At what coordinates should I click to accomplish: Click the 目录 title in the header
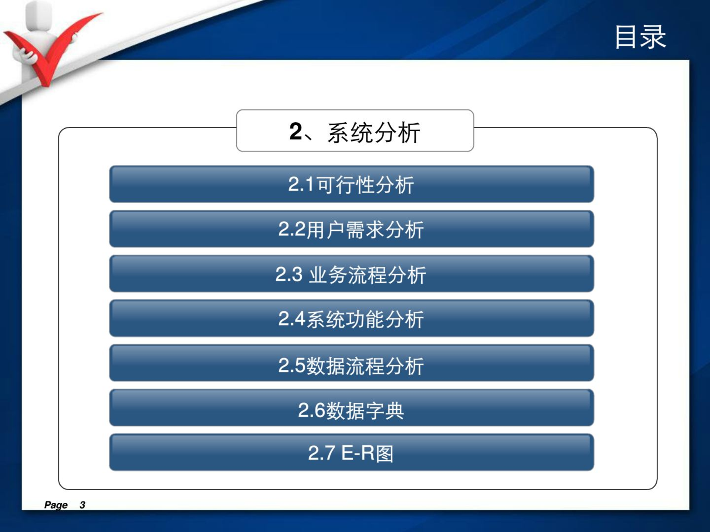click(x=640, y=37)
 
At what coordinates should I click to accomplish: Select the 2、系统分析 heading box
click(x=355, y=130)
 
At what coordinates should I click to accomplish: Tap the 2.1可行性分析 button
click(x=351, y=184)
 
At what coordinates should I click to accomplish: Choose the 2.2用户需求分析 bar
click(x=351, y=229)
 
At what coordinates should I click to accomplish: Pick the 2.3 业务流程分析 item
click(x=351, y=273)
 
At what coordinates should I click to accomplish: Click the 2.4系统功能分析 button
click(x=351, y=318)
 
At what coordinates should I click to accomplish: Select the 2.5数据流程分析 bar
click(x=351, y=363)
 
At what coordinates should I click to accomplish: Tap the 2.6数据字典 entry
click(x=351, y=407)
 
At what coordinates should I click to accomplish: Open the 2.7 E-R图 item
click(x=351, y=452)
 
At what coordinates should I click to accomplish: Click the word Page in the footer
click(x=56, y=505)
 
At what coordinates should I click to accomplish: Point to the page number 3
click(x=82, y=505)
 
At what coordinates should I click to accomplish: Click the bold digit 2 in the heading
click(x=296, y=131)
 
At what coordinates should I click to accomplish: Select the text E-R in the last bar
click(x=358, y=453)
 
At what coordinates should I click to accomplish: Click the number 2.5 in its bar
click(x=292, y=365)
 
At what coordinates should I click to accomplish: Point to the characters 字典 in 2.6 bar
click(x=384, y=410)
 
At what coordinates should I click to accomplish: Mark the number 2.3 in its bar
click(x=289, y=274)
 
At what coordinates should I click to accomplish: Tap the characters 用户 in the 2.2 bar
click(x=325, y=229)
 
